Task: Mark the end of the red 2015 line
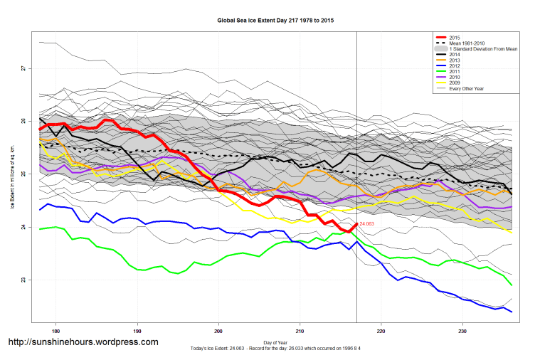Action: [x=356, y=225]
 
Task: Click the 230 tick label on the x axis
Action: [x=462, y=331]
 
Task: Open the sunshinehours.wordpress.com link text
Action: [x=83, y=342]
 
